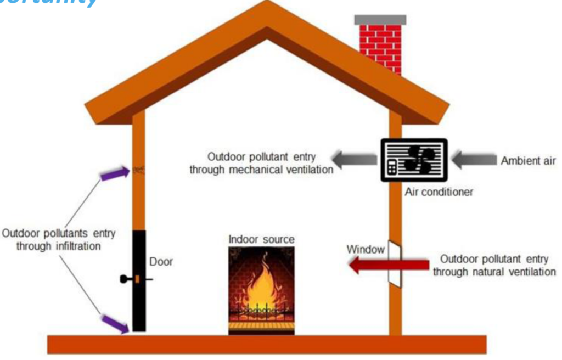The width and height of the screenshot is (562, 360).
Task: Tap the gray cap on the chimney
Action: pos(380,20)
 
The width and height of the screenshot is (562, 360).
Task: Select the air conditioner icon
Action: pos(414,160)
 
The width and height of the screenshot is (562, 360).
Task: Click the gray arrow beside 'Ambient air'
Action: pos(473,160)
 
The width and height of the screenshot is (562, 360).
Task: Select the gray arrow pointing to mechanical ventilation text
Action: pos(356,160)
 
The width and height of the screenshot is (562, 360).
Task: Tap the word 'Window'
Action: pos(365,250)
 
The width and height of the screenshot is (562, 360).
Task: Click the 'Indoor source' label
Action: pos(261,240)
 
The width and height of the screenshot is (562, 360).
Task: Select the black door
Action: pos(139,280)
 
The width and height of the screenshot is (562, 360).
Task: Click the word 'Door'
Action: pos(162,262)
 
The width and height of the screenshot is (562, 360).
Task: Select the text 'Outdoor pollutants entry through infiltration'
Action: pos(59,240)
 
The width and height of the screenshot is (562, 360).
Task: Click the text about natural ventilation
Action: pos(493,265)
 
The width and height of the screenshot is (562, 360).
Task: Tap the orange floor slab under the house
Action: pos(267,344)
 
